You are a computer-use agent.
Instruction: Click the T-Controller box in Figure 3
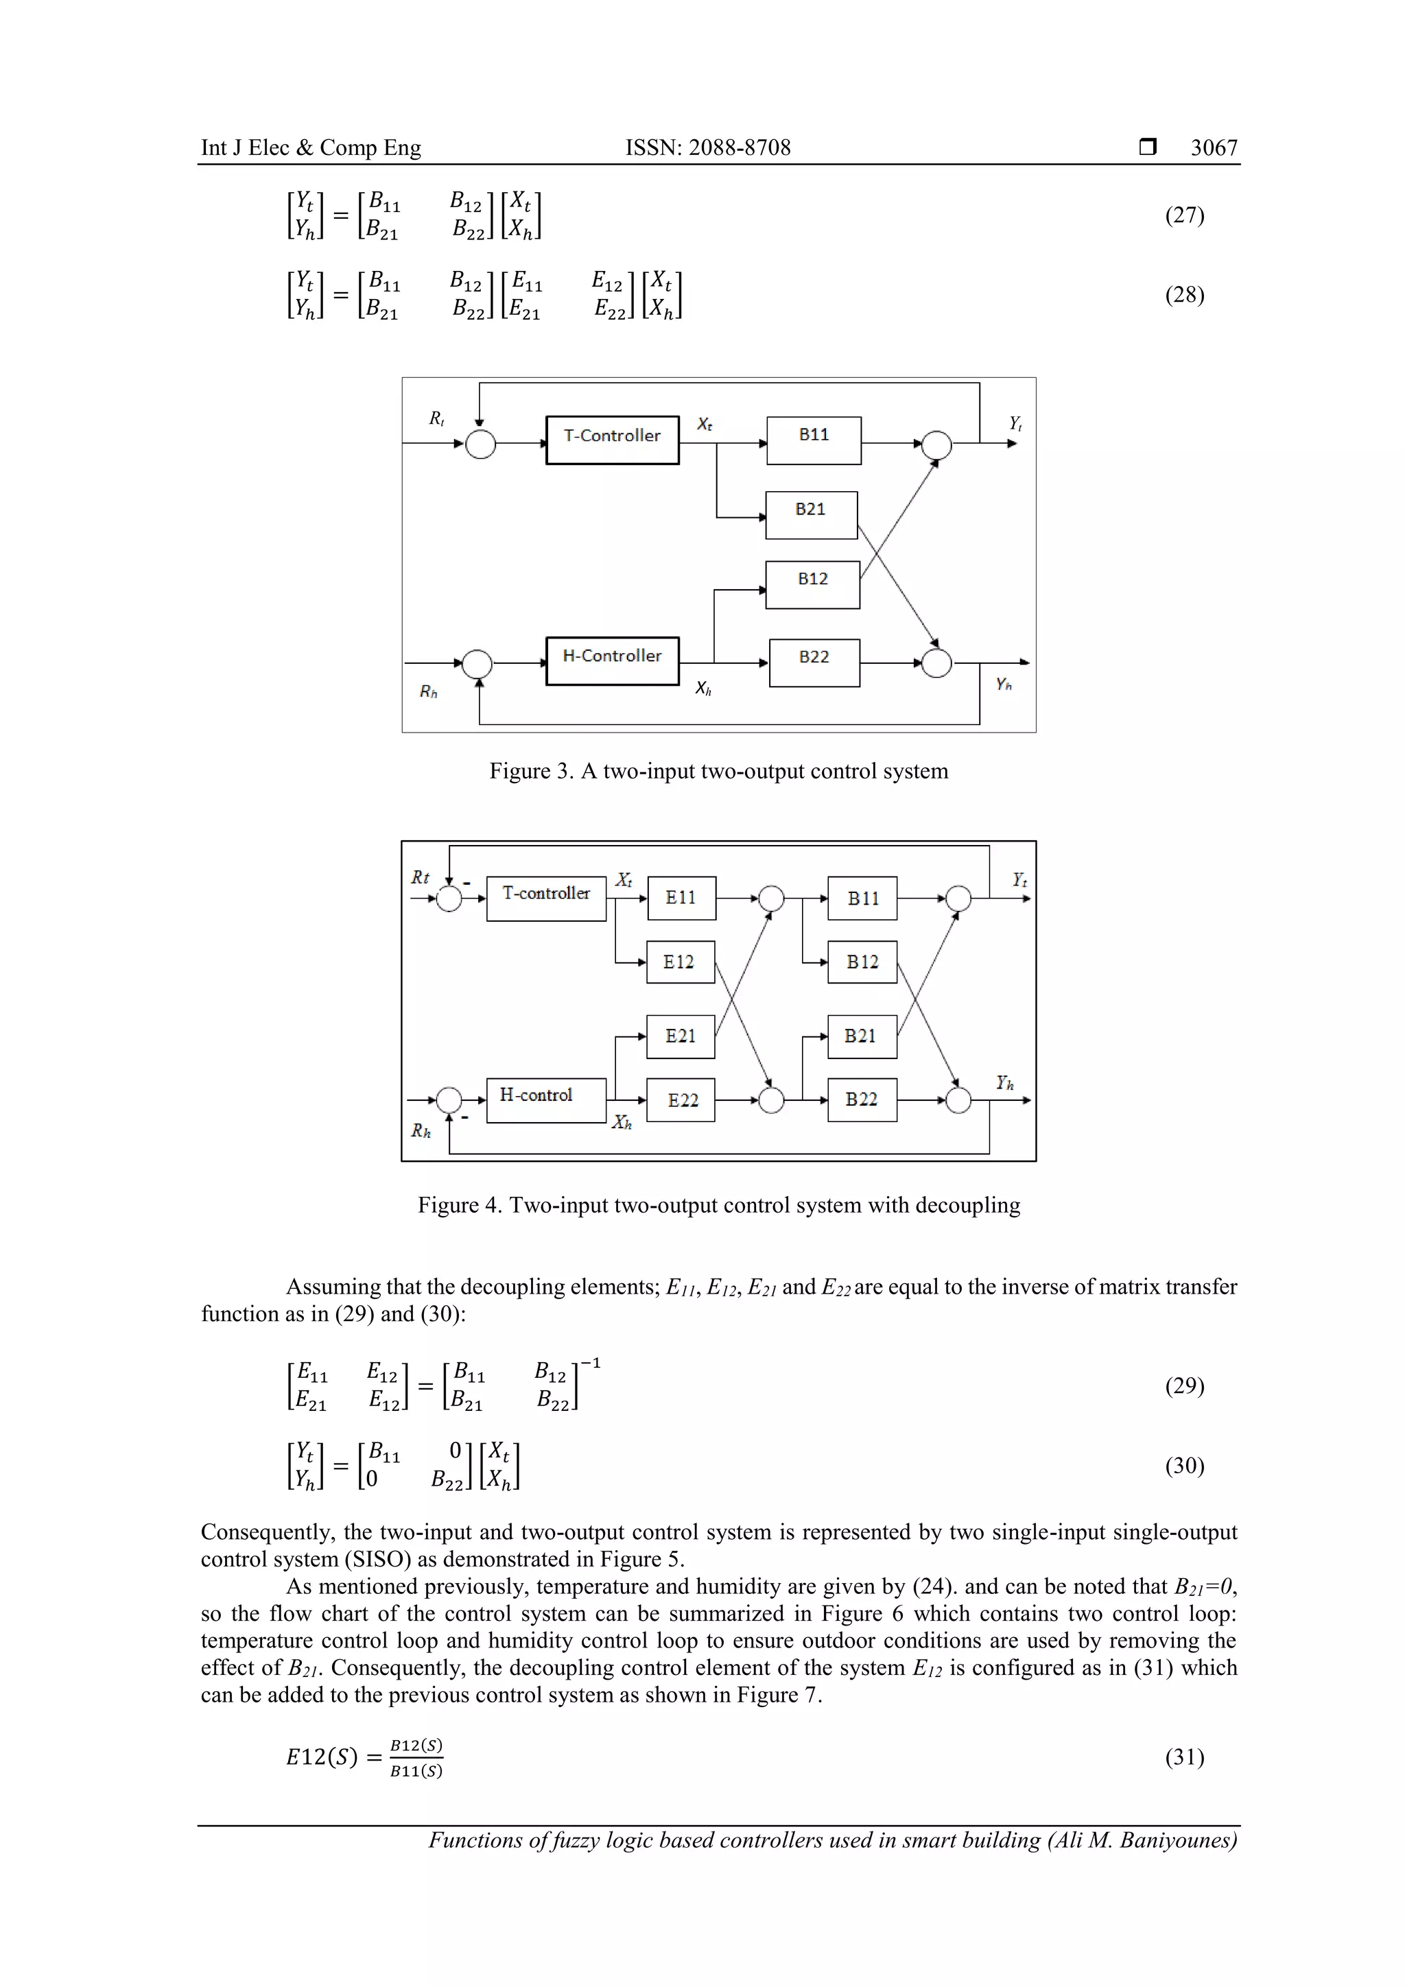612,440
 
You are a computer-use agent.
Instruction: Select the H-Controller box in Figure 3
612,661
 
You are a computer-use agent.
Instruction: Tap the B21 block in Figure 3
811,515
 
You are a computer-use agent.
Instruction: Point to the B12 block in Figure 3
812,584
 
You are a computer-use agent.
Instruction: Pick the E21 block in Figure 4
681,1036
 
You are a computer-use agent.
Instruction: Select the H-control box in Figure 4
545,1100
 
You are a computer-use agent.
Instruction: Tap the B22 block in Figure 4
862,1100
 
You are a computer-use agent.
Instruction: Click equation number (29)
1184,1385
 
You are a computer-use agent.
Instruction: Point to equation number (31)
1184,1756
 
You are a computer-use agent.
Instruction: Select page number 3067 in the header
1214,148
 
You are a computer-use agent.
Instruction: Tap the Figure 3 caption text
718,771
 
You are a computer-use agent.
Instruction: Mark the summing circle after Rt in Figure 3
480,444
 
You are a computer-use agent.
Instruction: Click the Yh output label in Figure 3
1003,685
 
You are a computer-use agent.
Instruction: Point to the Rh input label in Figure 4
421,1131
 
